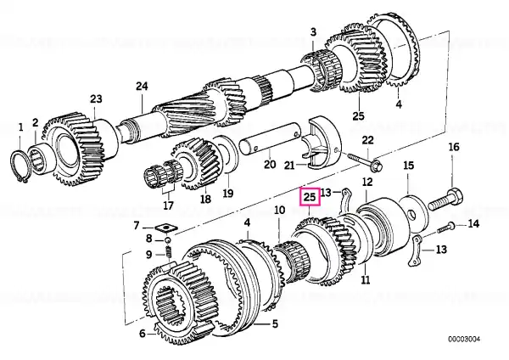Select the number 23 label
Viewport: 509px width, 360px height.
96,99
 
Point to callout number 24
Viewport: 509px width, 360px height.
142,86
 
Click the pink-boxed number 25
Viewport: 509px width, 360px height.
310,198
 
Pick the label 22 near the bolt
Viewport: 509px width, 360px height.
366,140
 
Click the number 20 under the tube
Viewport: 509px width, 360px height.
271,165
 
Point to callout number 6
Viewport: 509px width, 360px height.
142,334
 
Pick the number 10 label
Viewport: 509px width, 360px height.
279,211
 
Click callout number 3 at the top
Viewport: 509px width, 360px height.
312,32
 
